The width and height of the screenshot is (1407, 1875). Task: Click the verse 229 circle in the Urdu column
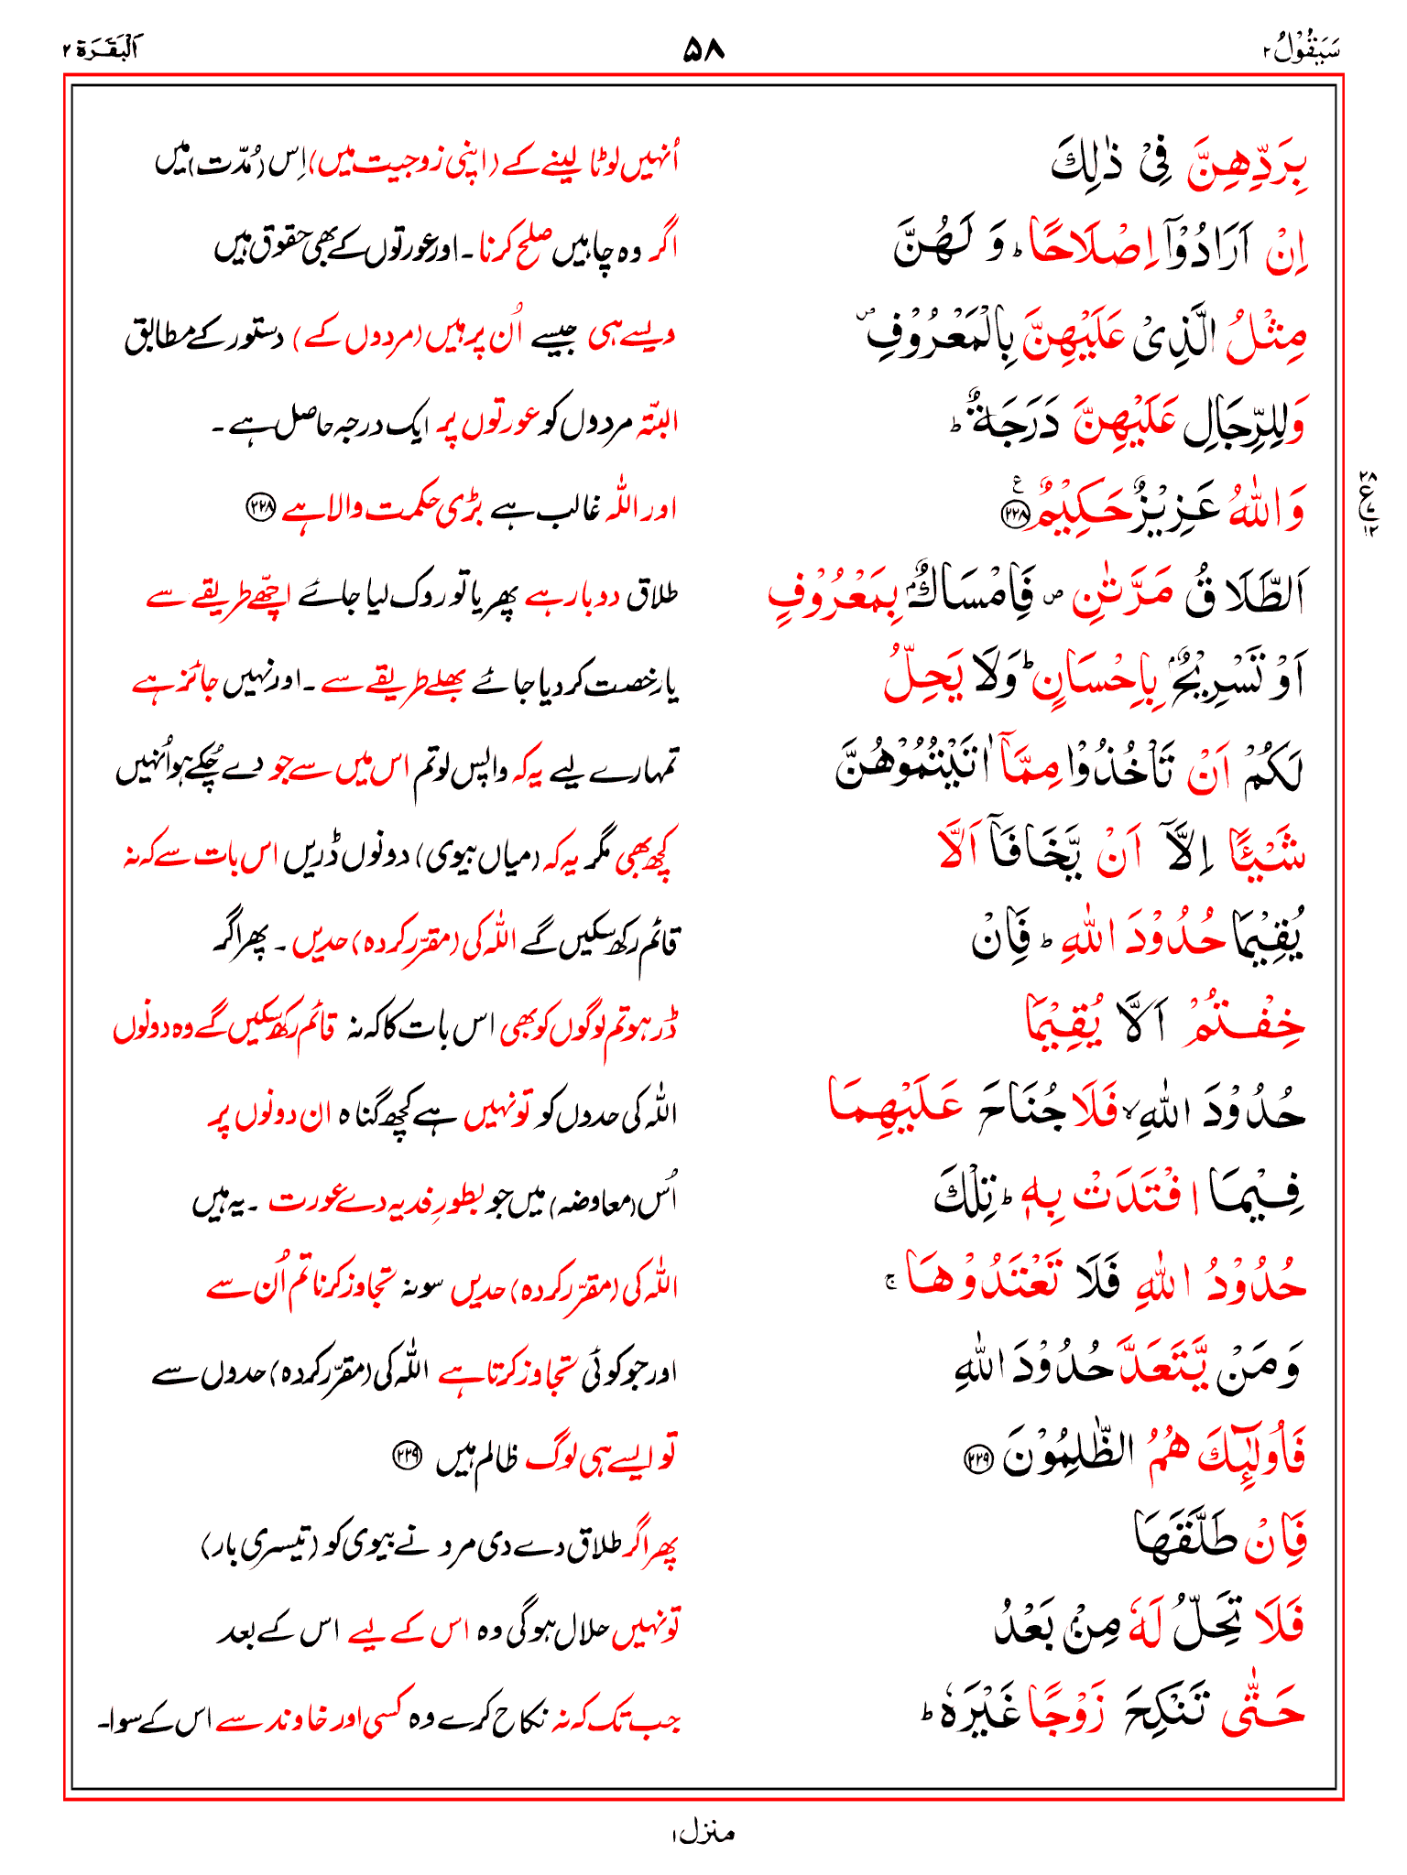(404, 1453)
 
